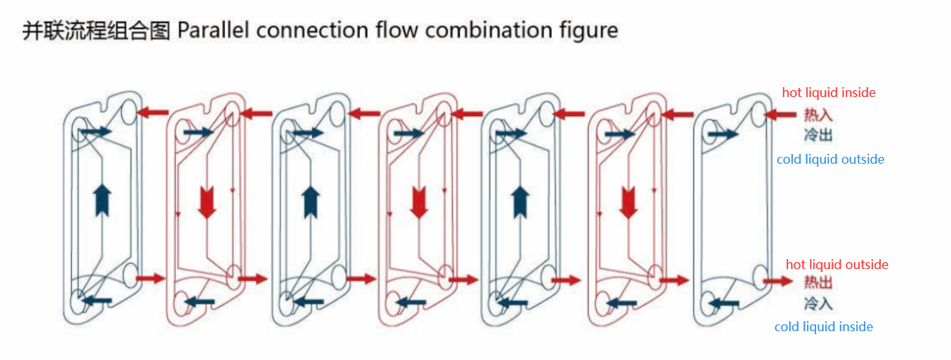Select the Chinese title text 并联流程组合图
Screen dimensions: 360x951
click(x=96, y=30)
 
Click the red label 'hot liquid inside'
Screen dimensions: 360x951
click(x=828, y=92)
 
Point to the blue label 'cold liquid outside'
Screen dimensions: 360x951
click(x=830, y=159)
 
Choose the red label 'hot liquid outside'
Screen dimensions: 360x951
click(x=837, y=265)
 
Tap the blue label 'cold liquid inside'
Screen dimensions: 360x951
click(x=823, y=327)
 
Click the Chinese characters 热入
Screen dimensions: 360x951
click(x=818, y=115)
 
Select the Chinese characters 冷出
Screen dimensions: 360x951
click(x=818, y=135)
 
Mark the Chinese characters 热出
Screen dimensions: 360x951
click(x=818, y=283)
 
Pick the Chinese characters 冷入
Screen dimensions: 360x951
click(x=818, y=303)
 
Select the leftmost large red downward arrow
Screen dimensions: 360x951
click(x=206, y=201)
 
